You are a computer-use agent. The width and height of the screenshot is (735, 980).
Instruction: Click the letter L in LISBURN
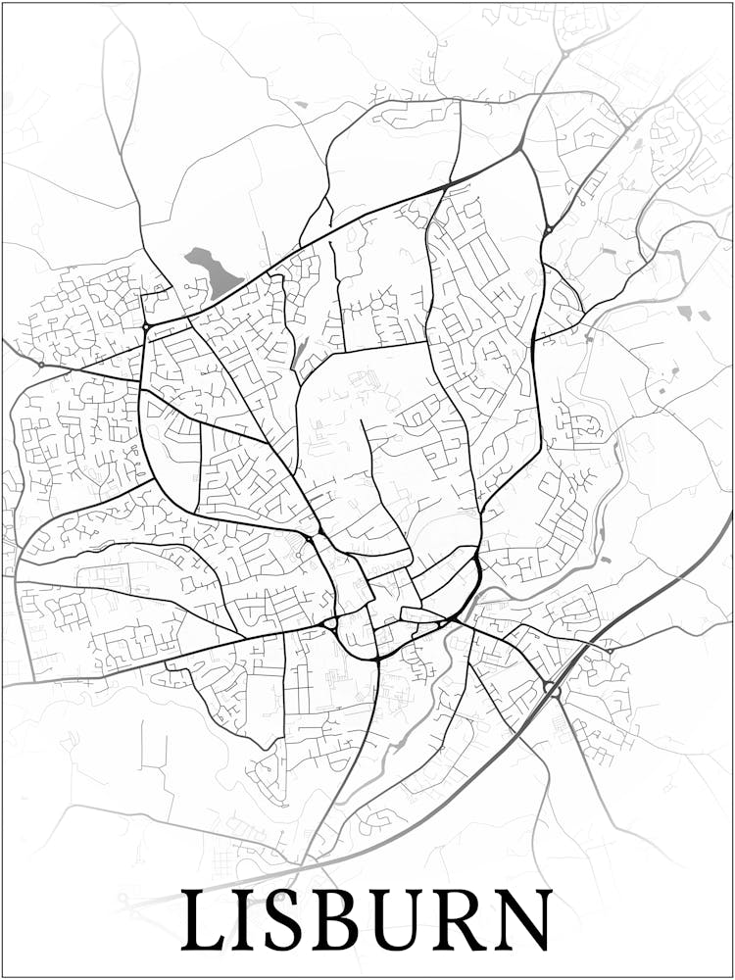pos(204,921)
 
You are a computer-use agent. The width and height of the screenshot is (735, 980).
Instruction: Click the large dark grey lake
pos(213,271)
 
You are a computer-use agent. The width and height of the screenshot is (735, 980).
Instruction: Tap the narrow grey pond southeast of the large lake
pos(298,354)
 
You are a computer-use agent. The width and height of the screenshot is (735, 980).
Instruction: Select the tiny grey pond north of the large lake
pos(300,104)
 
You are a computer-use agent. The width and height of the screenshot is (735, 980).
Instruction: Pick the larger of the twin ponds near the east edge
pos(684,313)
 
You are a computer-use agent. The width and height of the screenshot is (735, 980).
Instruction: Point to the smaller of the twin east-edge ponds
pos(705,316)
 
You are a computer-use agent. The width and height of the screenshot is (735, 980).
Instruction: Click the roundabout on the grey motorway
pos(554,689)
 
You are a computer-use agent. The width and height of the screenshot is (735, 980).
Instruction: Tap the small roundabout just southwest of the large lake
pos(146,325)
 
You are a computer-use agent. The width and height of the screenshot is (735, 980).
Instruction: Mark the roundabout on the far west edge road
pos(40,365)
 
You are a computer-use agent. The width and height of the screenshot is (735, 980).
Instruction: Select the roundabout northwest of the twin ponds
pos(549,230)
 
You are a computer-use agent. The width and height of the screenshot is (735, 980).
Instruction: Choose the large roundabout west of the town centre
pos(329,622)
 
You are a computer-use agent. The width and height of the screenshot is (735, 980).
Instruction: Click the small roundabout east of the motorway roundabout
pos(609,650)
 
